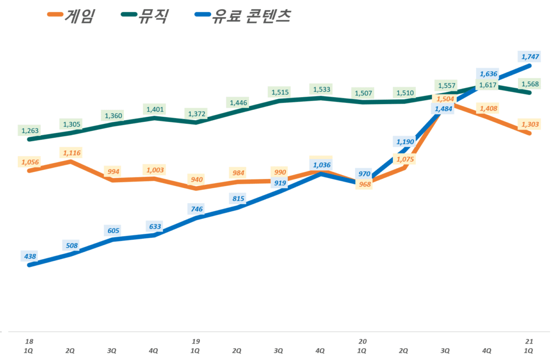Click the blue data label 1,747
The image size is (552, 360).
click(x=530, y=56)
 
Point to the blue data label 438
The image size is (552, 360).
click(x=30, y=255)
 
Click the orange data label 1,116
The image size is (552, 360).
click(x=72, y=153)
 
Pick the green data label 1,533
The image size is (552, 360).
click(x=321, y=89)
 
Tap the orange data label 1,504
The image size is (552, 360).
click(x=446, y=99)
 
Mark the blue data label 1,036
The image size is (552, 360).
click(x=321, y=164)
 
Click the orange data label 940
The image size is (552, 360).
click(x=196, y=179)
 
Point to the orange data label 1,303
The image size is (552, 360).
click(x=530, y=124)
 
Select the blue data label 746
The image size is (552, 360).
click(x=196, y=208)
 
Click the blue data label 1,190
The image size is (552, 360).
click(x=405, y=142)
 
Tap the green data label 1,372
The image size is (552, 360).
click(x=196, y=114)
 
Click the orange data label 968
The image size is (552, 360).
click(x=364, y=185)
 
